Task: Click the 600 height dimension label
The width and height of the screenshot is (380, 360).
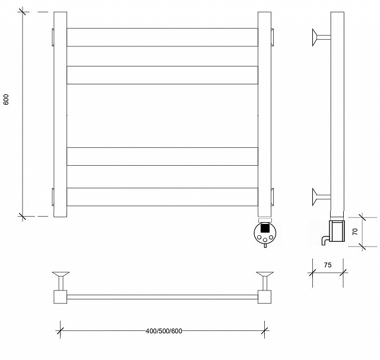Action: (x=6, y=99)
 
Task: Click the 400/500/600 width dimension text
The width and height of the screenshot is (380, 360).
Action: (x=164, y=331)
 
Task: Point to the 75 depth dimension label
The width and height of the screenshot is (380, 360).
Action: (x=328, y=265)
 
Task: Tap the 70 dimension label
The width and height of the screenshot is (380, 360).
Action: (x=355, y=232)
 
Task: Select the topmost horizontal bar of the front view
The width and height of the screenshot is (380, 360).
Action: (x=162, y=37)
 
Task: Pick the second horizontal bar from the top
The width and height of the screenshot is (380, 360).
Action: (x=162, y=75)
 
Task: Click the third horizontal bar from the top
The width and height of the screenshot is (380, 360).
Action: (x=162, y=156)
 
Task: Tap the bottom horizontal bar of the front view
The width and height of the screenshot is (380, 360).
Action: (x=162, y=197)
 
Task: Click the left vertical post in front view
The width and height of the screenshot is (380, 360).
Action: (x=60, y=114)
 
